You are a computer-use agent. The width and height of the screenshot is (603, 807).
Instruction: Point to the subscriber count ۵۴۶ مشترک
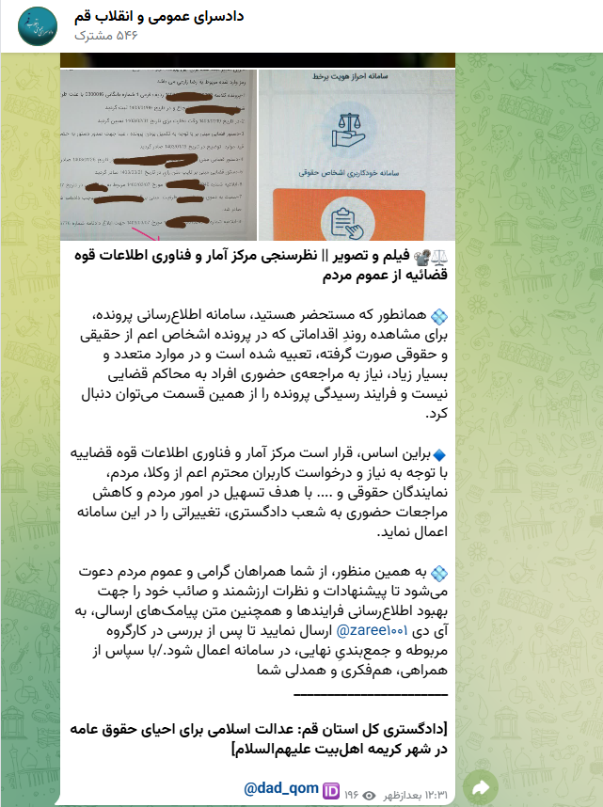pos(104,36)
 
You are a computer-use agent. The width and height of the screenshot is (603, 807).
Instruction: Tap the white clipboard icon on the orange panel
pos(357,215)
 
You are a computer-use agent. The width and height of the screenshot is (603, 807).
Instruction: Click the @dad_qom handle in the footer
pos(280,787)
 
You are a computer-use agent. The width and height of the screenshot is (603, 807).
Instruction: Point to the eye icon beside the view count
pos(369,788)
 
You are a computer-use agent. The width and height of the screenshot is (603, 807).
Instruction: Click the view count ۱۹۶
pos(352,788)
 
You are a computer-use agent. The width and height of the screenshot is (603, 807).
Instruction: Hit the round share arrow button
pos(482,786)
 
